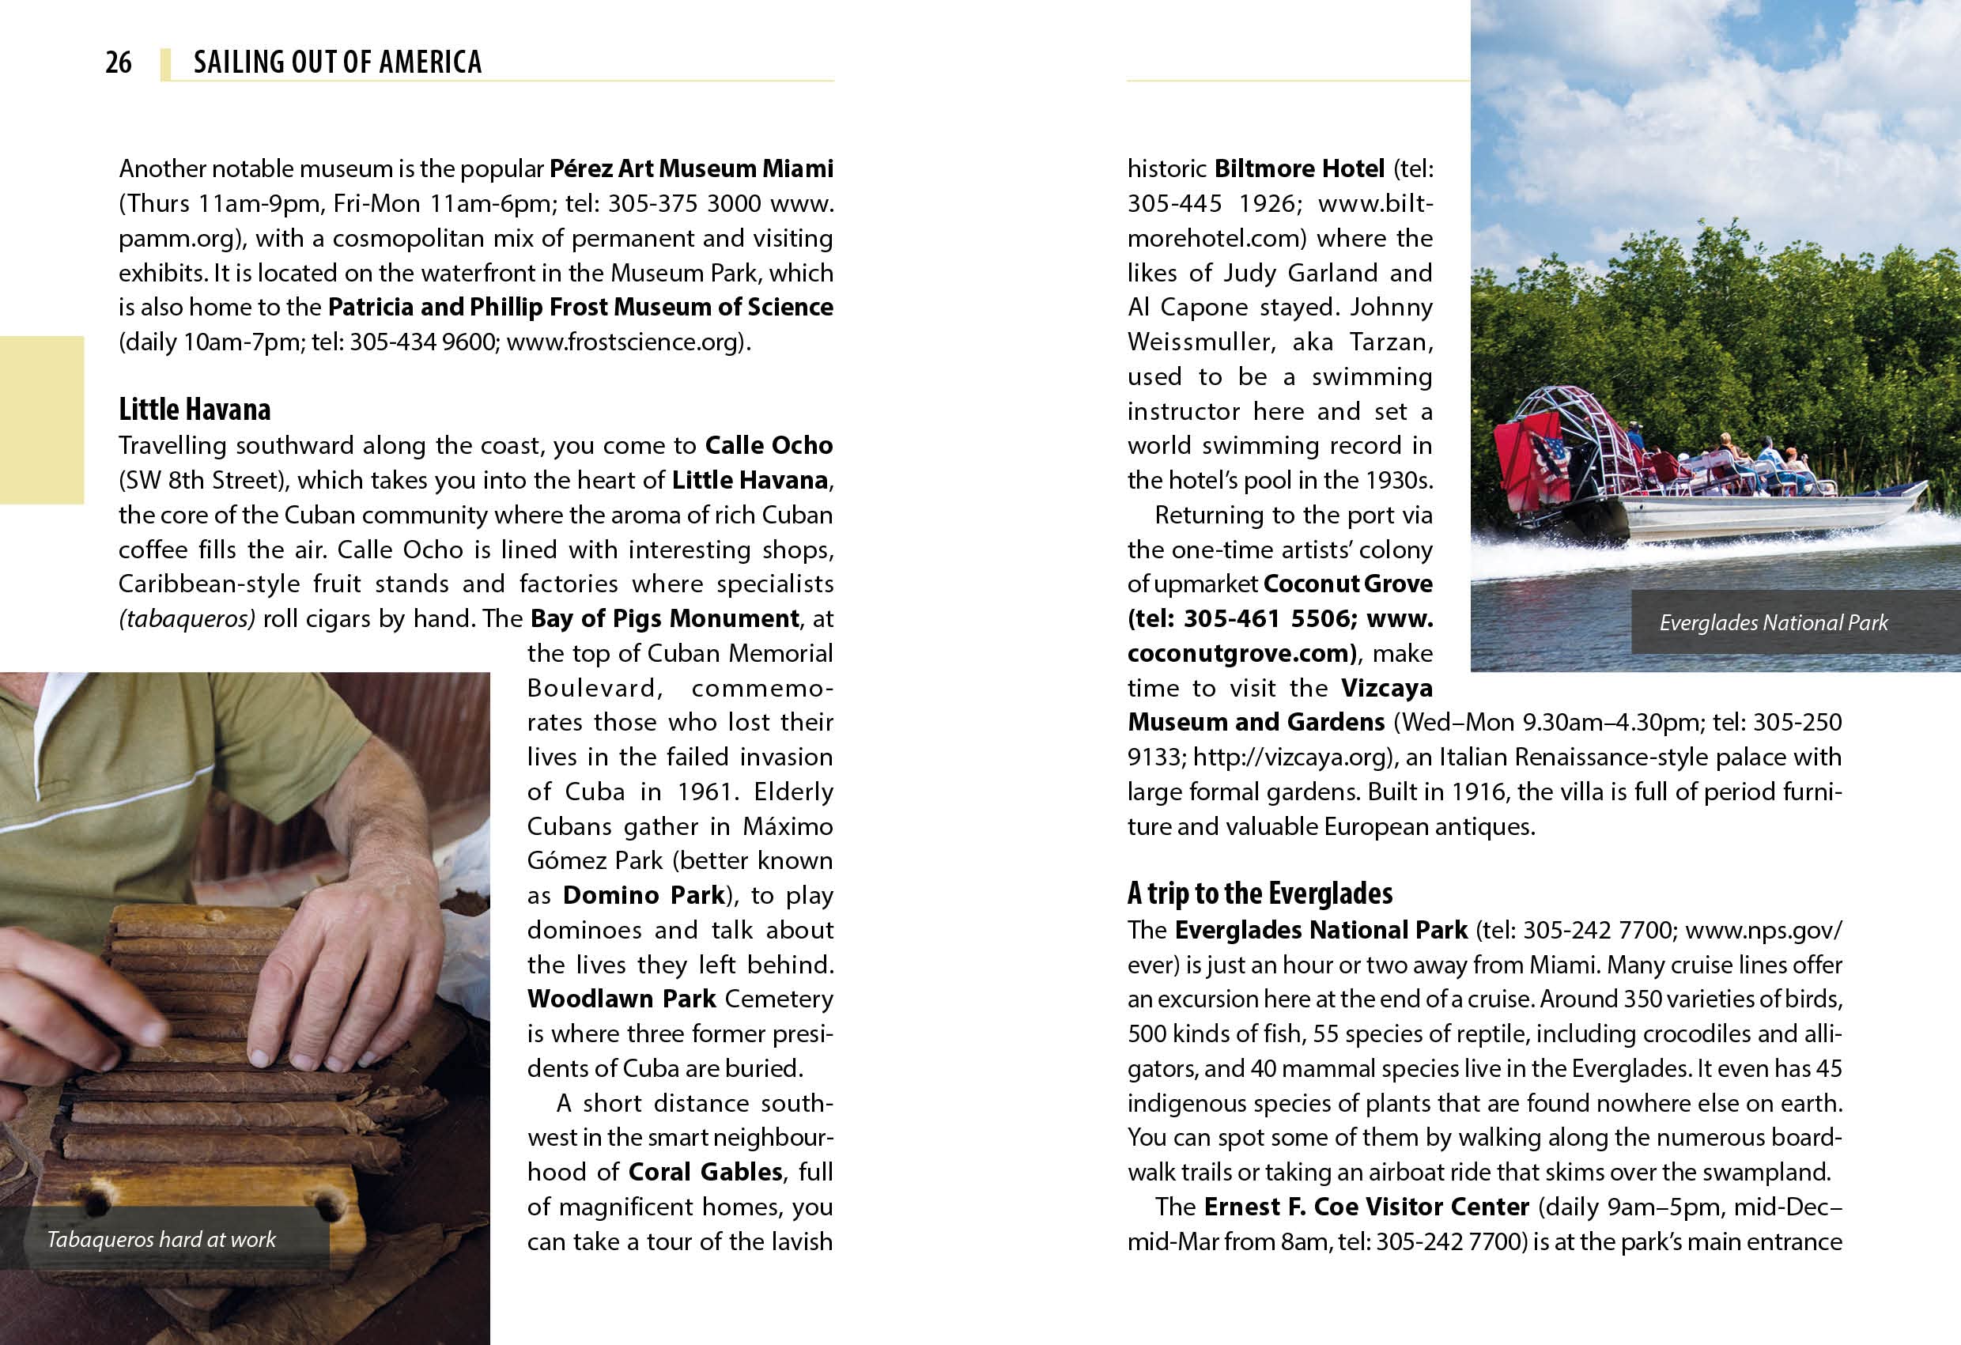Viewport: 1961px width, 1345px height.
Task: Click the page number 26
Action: pyautogui.click(x=118, y=62)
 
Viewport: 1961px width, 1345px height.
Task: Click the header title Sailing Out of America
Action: pyautogui.click(x=338, y=62)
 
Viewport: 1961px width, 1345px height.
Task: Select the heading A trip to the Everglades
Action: pyautogui.click(x=1260, y=894)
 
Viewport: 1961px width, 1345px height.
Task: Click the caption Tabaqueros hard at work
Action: pyautogui.click(x=161, y=1240)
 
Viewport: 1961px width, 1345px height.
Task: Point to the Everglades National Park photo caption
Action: pyautogui.click(x=1773, y=623)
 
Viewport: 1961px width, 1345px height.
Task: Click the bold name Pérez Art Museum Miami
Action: pyautogui.click(x=691, y=168)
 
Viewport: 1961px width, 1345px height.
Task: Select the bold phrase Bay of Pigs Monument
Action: pyautogui.click(x=664, y=618)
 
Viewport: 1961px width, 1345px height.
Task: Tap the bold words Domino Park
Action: pyautogui.click(x=644, y=895)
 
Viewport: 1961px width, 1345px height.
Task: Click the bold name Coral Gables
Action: pyautogui.click(x=705, y=1172)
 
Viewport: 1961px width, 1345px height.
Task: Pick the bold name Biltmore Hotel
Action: pyautogui.click(x=1299, y=168)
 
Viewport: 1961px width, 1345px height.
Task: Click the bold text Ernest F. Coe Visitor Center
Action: pyautogui.click(x=1366, y=1207)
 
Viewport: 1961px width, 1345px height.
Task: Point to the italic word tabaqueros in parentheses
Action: pyautogui.click(x=187, y=618)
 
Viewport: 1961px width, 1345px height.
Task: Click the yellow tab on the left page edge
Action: pyautogui.click(x=41, y=419)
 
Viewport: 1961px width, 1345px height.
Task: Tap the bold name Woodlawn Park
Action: pyautogui.click(x=621, y=999)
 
